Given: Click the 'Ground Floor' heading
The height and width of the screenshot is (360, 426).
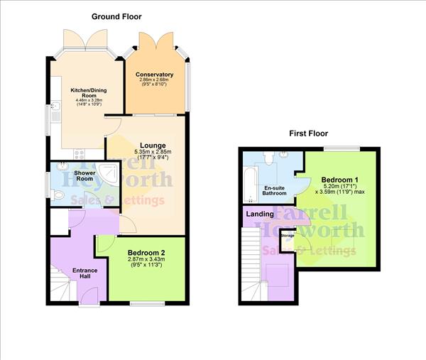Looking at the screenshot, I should pyautogui.click(x=116, y=16).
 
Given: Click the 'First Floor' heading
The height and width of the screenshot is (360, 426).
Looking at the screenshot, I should pyautogui.click(x=309, y=133).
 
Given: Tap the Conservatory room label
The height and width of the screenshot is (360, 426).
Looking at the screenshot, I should pyautogui.click(x=154, y=75).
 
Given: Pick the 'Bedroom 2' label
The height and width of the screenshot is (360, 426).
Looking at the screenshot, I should pyautogui.click(x=146, y=253).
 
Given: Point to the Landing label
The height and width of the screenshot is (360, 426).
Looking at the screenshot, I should pyautogui.click(x=260, y=214).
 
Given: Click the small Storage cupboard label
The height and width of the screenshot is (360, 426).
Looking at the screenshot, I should pyautogui.click(x=287, y=235).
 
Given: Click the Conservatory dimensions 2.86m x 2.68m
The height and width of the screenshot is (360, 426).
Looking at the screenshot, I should pyautogui.click(x=154, y=82).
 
